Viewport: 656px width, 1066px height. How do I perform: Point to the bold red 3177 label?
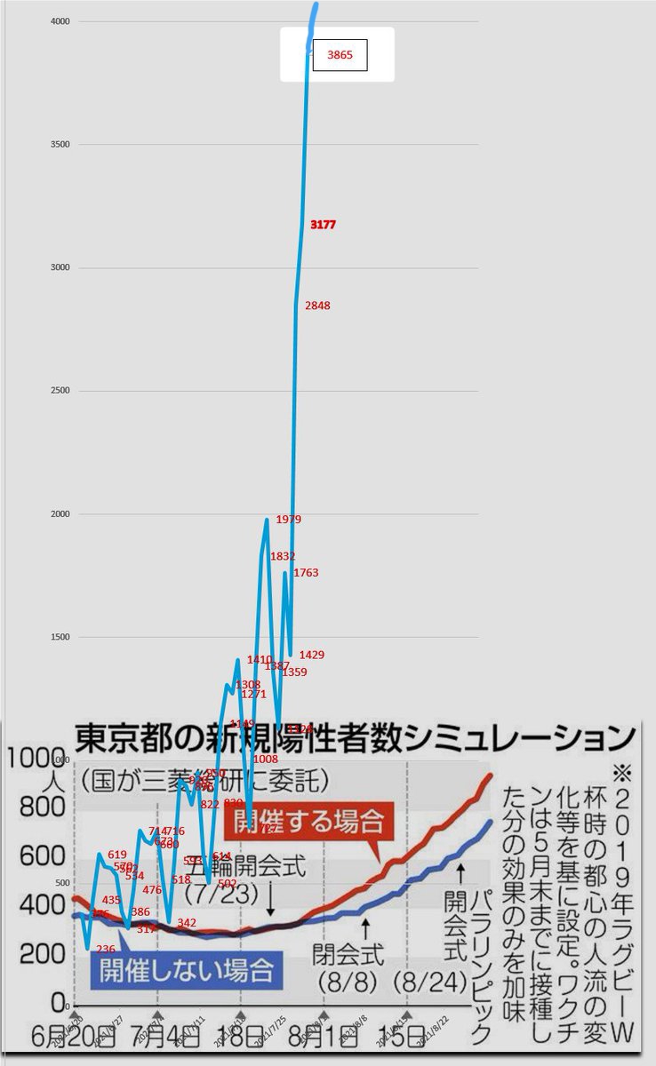coord(323,226)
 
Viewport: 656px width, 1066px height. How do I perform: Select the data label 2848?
coord(317,306)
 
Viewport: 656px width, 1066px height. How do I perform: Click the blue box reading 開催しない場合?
coord(186,968)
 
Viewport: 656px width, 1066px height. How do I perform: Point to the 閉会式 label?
coord(348,956)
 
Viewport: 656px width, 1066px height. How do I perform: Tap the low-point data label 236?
coord(105,949)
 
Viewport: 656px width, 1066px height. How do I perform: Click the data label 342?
coord(187,923)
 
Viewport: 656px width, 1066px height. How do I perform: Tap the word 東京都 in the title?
coord(124,738)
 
